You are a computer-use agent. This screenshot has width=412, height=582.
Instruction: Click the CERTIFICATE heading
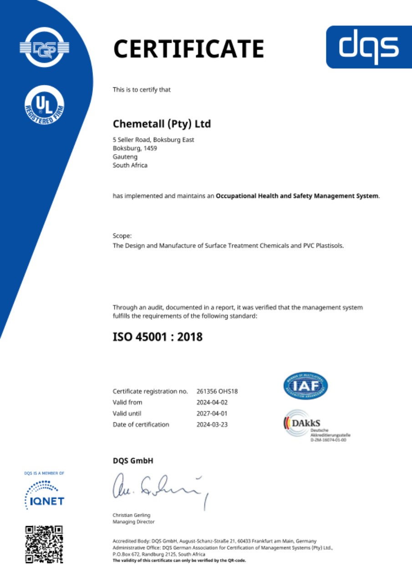pyautogui.click(x=188, y=49)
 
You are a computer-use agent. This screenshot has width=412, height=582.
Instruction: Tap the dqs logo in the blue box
pyautogui.click(x=369, y=47)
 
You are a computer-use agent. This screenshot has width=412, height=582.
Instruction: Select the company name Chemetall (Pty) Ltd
pyautogui.click(x=162, y=124)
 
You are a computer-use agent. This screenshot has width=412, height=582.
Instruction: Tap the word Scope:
pyautogui.click(x=122, y=236)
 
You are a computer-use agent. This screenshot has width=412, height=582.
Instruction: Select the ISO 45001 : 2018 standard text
pyautogui.click(x=158, y=337)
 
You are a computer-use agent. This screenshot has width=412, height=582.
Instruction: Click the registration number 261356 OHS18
pyautogui.click(x=218, y=391)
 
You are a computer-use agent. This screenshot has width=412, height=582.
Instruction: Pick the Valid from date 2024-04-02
pyautogui.click(x=212, y=402)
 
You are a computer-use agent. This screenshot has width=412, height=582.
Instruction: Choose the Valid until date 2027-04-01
pyautogui.click(x=212, y=413)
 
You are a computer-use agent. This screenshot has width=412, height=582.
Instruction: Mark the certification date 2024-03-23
pyautogui.click(x=212, y=425)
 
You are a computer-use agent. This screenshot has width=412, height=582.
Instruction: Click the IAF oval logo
pyautogui.click(x=305, y=386)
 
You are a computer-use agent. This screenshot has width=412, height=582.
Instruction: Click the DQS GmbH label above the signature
pyautogui.click(x=133, y=461)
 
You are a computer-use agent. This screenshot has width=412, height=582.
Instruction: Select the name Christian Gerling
pyautogui.click(x=132, y=515)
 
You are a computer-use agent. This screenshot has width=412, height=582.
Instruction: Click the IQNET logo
pyautogui.click(x=44, y=495)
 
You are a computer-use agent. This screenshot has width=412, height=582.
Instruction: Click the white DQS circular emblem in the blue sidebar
pyautogui.click(x=44, y=47)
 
